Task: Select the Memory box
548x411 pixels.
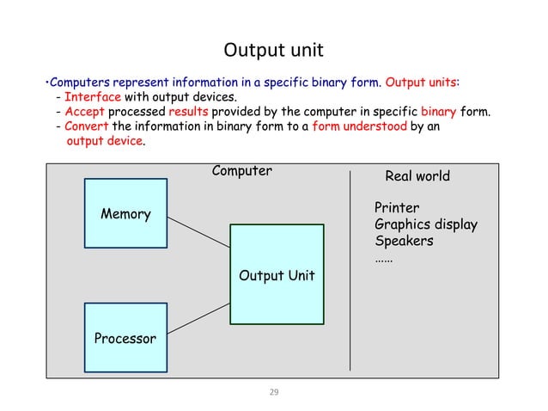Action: (125, 214)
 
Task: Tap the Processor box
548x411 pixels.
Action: (125, 338)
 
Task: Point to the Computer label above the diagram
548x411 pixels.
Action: (241, 170)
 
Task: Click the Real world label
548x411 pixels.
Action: (417, 176)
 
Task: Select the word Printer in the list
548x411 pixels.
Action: (397, 208)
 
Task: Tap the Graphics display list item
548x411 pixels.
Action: (426, 224)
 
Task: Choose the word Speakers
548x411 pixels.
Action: (404, 241)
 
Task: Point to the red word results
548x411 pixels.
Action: (187, 112)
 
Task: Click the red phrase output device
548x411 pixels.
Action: (105, 141)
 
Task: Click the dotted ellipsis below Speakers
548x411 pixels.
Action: (384, 258)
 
